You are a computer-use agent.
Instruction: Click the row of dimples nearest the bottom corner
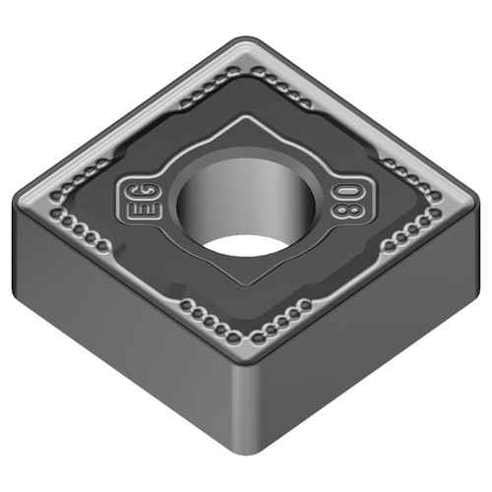pos(246,331)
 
